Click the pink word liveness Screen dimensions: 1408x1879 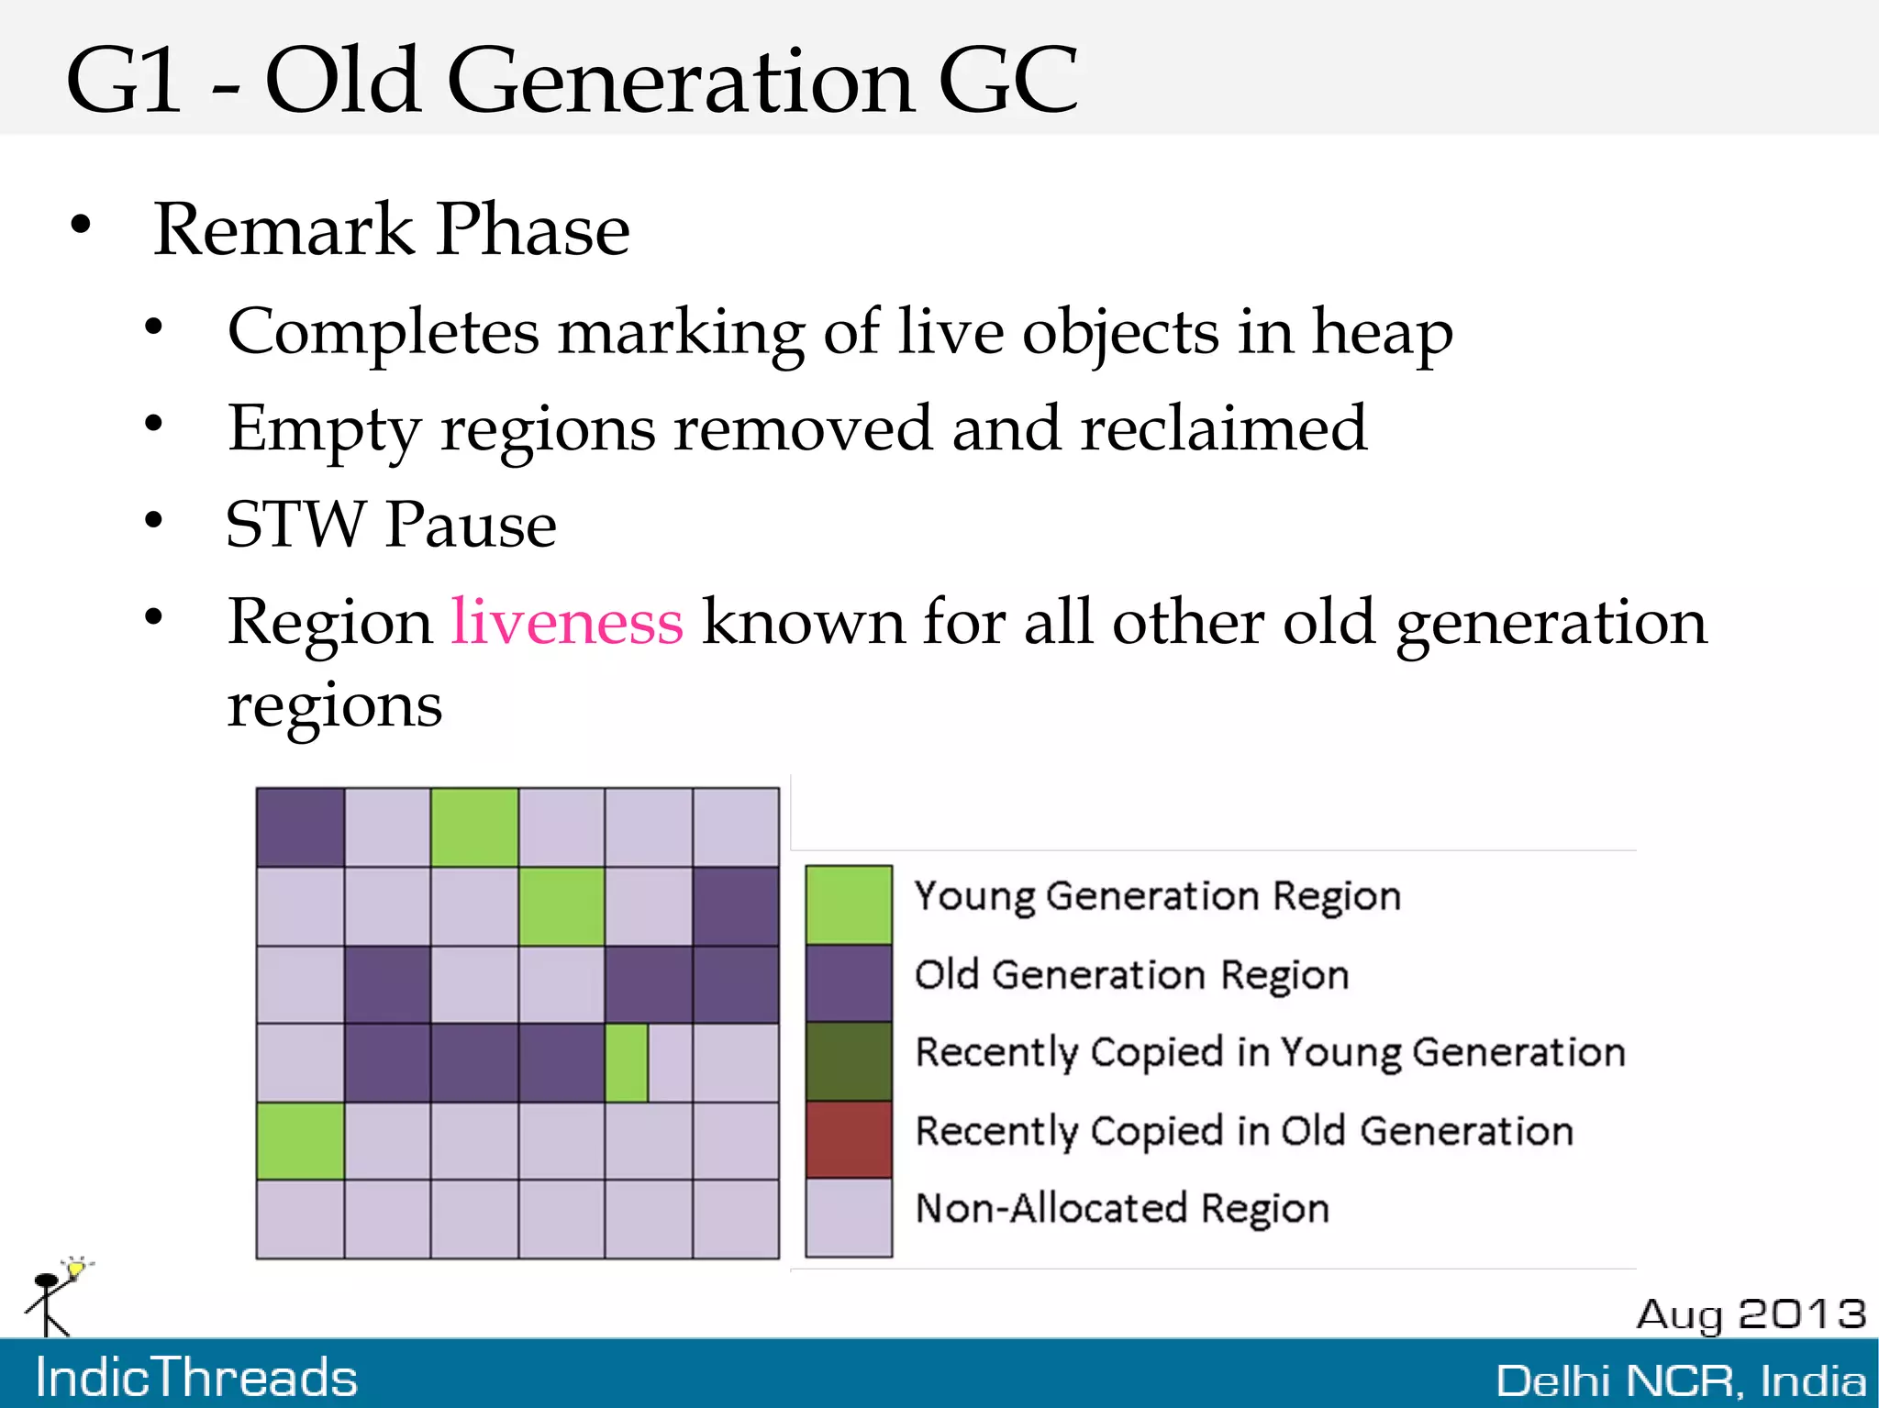pyautogui.click(x=567, y=623)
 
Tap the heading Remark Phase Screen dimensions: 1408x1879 pyautogui.click(x=392, y=229)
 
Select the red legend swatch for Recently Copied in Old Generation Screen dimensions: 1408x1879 pyautogui.click(x=849, y=1139)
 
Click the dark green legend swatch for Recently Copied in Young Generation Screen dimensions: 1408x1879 pyautogui.click(x=849, y=1061)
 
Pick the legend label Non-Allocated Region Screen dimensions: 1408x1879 pyautogui.click(x=1122, y=1209)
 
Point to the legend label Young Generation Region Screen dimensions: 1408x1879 pyautogui.click(x=1158, y=896)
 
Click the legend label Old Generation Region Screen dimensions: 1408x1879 pyautogui.click(x=1131, y=975)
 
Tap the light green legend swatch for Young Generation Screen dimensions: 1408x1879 pyautogui.click(x=849, y=904)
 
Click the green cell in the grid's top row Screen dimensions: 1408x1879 pyautogui.click(x=474, y=827)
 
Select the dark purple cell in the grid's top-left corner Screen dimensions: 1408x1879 pyautogui.click(x=300, y=827)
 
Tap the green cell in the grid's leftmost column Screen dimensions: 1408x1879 pyautogui.click(x=300, y=1140)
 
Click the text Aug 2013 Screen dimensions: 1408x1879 pyautogui.click(x=1751, y=1314)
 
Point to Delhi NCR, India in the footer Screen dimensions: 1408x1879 pyautogui.click(x=1681, y=1380)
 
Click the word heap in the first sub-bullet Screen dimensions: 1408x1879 pyautogui.click(x=1382, y=332)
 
